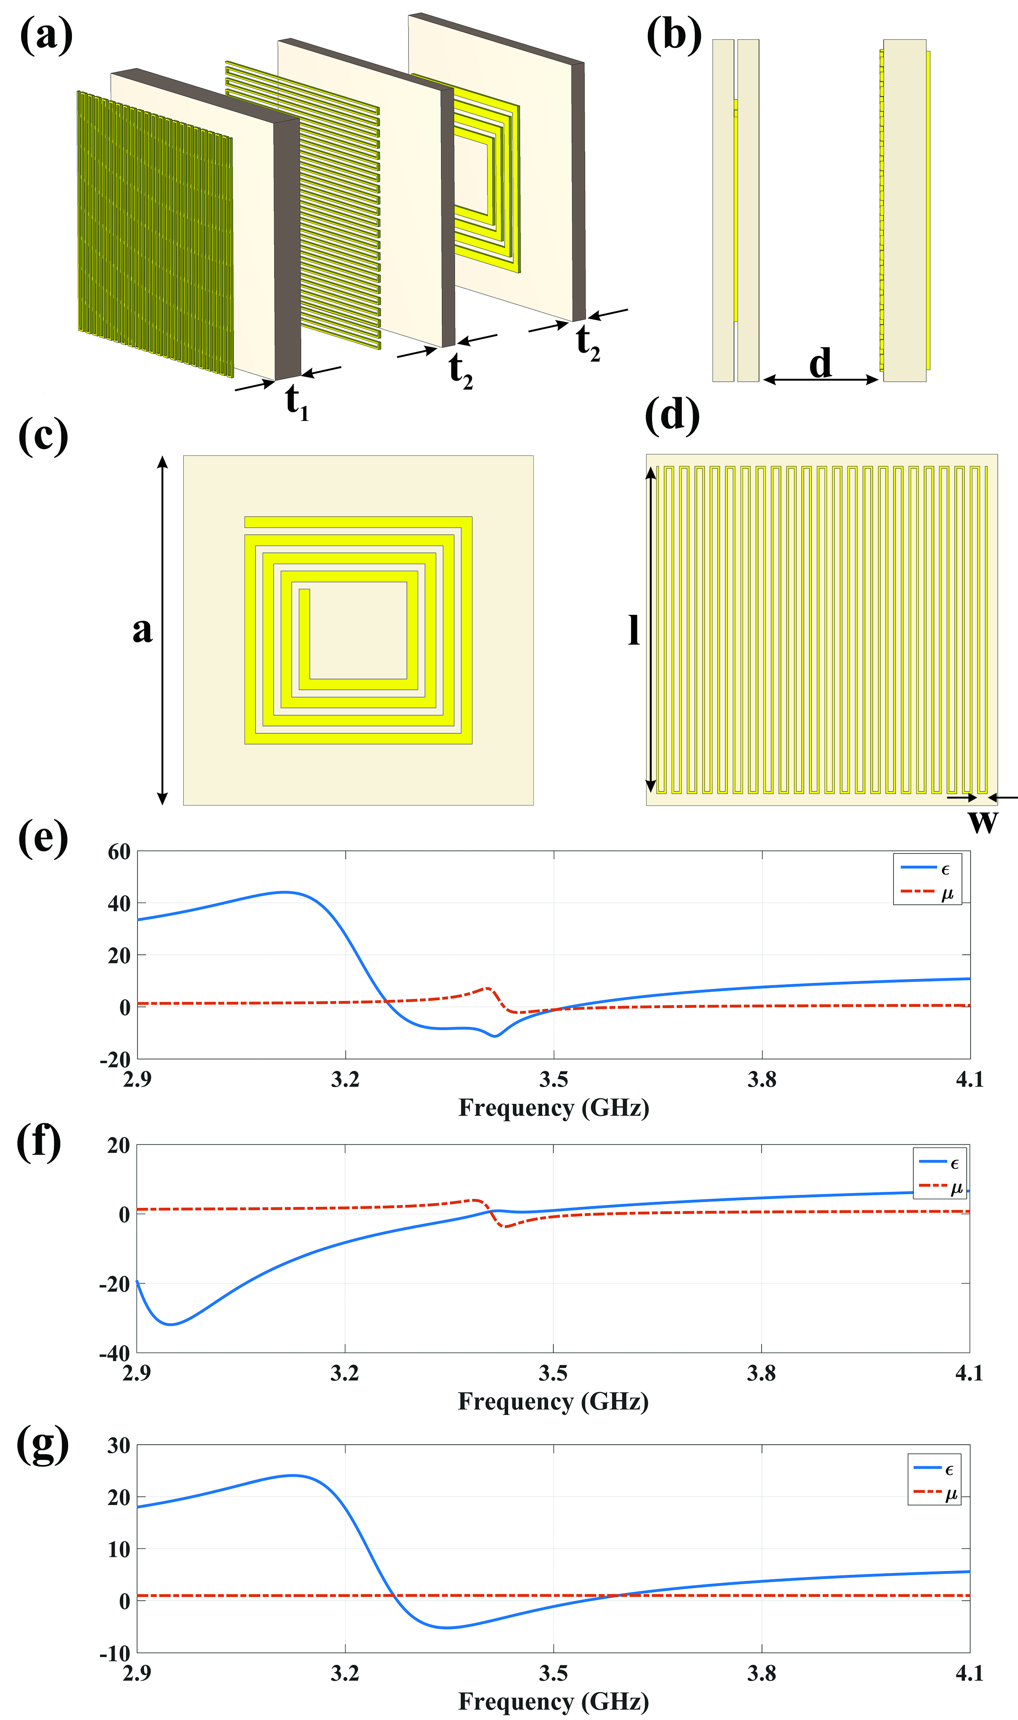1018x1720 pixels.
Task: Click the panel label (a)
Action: click(46, 36)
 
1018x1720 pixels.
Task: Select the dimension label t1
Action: click(297, 401)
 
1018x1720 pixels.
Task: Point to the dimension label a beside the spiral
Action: click(142, 629)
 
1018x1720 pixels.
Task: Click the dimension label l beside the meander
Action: click(634, 629)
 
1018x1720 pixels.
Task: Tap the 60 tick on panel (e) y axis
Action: click(119, 852)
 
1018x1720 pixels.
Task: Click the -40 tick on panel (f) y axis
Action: click(115, 1353)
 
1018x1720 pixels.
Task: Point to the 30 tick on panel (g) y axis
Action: click(119, 1446)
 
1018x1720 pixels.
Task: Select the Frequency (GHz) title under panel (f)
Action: click(553, 1401)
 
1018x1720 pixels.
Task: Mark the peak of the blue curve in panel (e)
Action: click(285, 892)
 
